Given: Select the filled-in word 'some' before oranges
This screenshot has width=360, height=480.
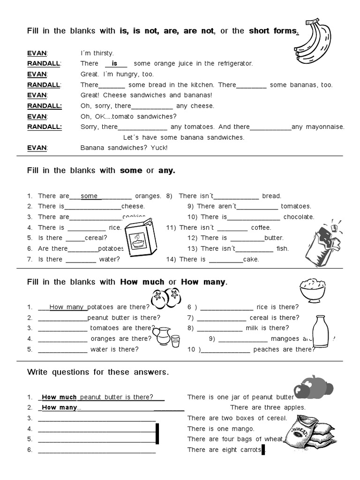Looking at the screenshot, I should [x=89, y=196].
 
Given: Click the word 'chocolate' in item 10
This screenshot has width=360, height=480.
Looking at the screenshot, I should [x=299, y=217].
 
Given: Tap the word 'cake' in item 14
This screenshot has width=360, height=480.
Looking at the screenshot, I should [x=251, y=259].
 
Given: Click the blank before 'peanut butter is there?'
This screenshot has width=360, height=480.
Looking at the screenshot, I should [x=62, y=317].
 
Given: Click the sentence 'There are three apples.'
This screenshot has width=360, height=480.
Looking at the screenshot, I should [x=268, y=407].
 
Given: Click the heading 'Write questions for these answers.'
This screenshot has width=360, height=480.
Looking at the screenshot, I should [x=97, y=372].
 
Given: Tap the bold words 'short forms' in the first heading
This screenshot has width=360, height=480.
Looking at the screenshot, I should [x=273, y=31].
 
